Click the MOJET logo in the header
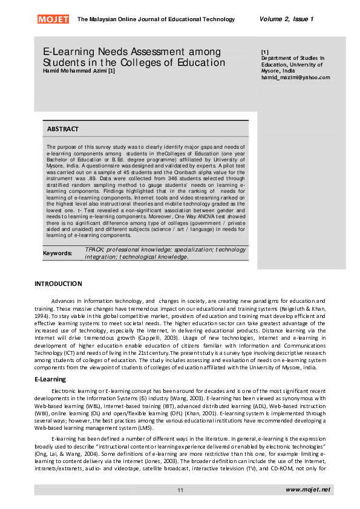pyautogui.click(x=53, y=19)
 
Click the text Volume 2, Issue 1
pyautogui.click(x=286, y=19)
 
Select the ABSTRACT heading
pyautogui.click(x=63, y=129)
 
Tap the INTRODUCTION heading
pyautogui.click(x=58, y=284)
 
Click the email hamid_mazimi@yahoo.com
pyautogui.click(x=295, y=77)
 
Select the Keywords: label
pyautogui.click(x=57, y=253)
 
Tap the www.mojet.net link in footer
pyautogui.click(x=308, y=489)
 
